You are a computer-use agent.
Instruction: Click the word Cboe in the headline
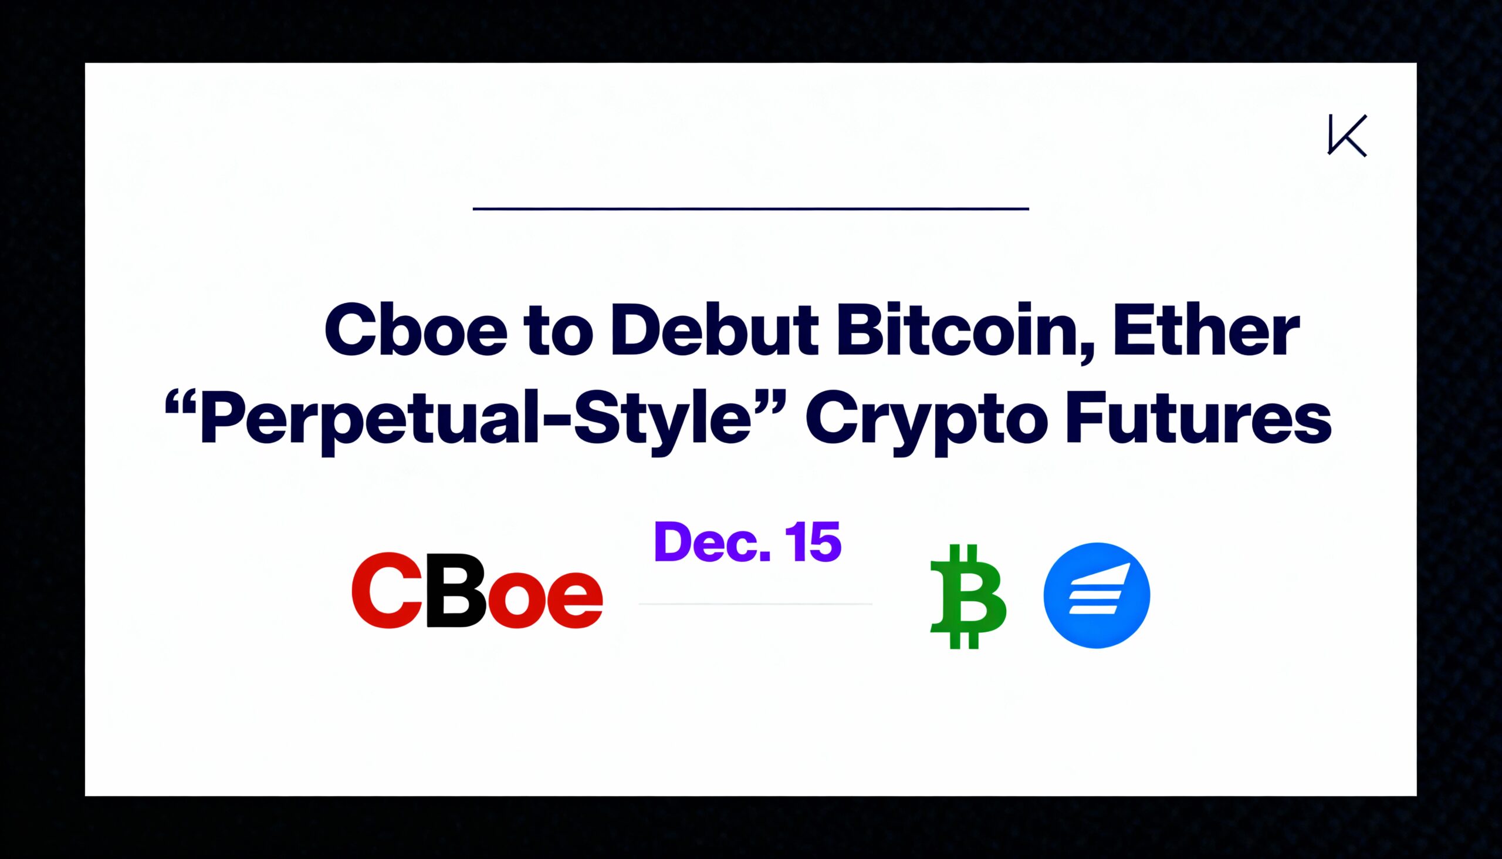415,331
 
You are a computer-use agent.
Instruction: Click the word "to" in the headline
559,334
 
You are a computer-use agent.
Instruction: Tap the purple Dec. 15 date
747,541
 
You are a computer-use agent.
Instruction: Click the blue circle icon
1097,595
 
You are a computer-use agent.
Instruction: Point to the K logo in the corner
1347,136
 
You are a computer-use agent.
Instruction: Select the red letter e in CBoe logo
574,599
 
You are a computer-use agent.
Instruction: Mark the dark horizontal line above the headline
750,208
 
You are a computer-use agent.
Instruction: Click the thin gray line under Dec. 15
755,604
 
